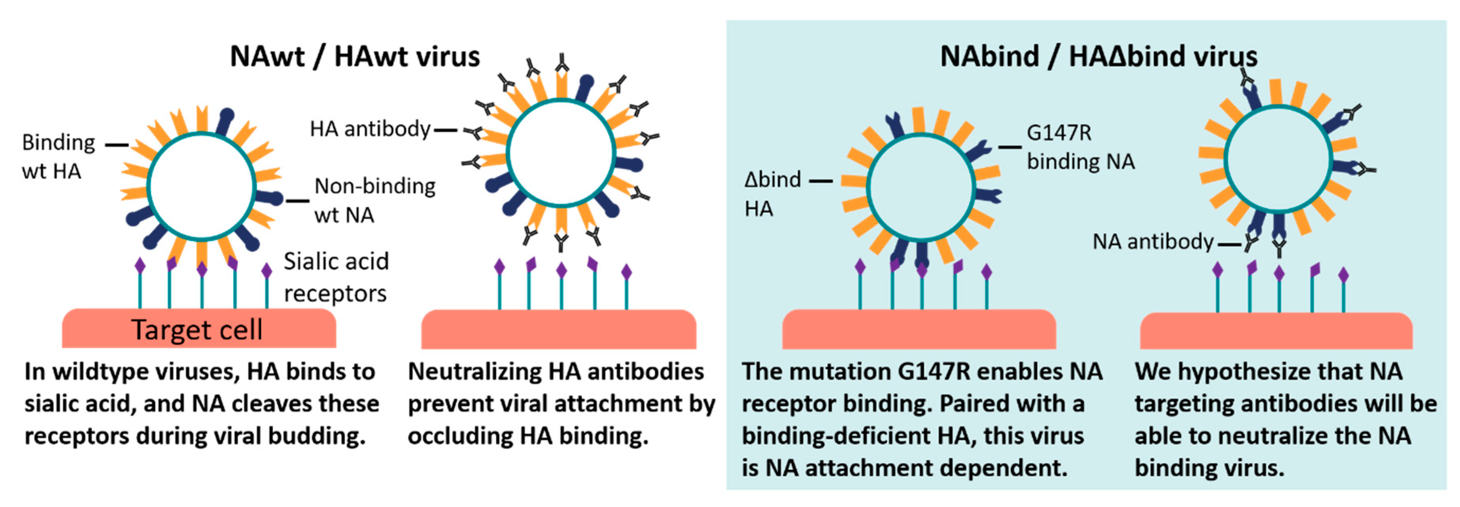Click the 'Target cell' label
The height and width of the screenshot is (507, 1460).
click(197, 330)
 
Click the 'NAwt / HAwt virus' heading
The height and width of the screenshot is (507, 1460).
click(355, 57)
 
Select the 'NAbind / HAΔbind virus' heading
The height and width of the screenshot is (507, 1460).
click(1099, 57)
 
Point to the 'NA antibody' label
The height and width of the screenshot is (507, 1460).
click(1152, 242)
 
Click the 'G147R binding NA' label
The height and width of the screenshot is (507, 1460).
click(1080, 147)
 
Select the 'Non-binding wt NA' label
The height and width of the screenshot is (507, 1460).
click(374, 200)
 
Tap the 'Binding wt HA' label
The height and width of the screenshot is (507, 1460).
click(58, 157)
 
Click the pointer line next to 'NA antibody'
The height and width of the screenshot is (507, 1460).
click(1229, 245)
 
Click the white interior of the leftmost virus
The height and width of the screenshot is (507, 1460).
click(202, 187)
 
